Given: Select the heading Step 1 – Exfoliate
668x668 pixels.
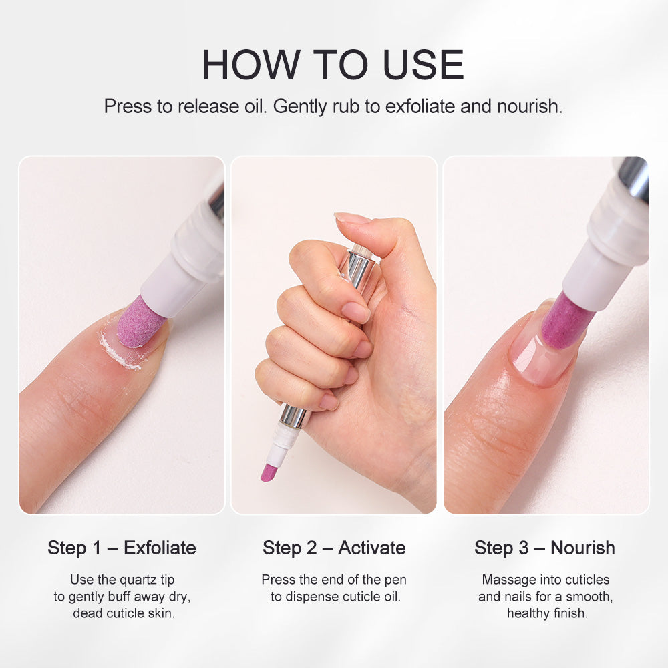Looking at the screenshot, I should click(x=122, y=548).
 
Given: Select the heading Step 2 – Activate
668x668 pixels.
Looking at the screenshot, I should click(x=334, y=548).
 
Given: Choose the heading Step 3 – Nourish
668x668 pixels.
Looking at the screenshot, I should click(x=544, y=548).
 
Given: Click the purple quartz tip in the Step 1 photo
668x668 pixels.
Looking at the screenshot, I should click(x=139, y=322).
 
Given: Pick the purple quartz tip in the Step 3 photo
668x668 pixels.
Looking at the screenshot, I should click(x=566, y=320).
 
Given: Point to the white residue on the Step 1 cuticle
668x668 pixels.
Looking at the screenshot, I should click(x=119, y=354).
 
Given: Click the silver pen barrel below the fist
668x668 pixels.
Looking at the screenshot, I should click(x=295, y=416).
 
